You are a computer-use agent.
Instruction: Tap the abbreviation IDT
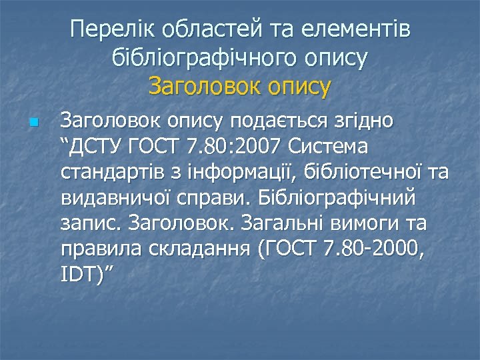point(79,273)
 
